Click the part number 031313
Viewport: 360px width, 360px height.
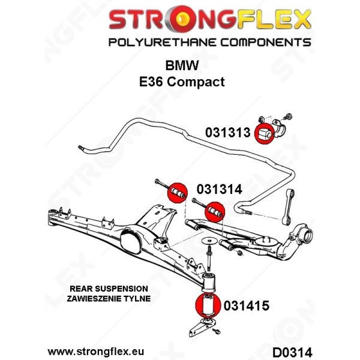pos(227,133)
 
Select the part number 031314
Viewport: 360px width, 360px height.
pos(220,190)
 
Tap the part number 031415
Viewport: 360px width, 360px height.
pos(247,306)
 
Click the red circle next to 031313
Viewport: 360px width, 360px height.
pos(265,134)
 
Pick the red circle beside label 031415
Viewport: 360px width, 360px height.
pos(208,305)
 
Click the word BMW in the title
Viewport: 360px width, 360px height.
pos(182,65)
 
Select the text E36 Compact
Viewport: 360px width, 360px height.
pos(182,82)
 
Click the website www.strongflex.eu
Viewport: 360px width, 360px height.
pos(96,352)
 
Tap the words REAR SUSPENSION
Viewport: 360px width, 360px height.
pos(109,289)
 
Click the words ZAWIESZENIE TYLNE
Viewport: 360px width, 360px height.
pos(109,298)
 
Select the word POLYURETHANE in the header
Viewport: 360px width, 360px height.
pos(163,43)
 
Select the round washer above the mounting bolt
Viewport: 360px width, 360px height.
pos(209,241)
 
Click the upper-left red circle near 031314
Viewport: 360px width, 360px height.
pos(177,193)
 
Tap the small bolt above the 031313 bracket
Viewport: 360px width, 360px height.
pos(288,116)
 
